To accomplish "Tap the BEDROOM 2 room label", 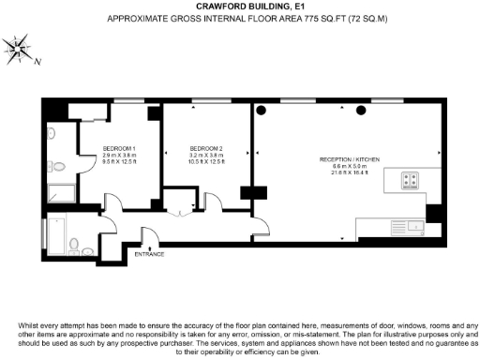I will click(205, 149).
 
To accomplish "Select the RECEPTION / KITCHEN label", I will click(350, 159).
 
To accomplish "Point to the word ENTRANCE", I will click(149, 254).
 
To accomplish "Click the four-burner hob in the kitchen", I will click(411, 179).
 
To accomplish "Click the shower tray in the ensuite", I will click(62, 194).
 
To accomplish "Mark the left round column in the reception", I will click(262, 112).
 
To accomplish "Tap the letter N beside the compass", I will click(37, 63).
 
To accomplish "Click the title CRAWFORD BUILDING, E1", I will click(239, 7).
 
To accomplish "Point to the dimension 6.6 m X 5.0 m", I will click(350, 166).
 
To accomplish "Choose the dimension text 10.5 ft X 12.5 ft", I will click(205, 162).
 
